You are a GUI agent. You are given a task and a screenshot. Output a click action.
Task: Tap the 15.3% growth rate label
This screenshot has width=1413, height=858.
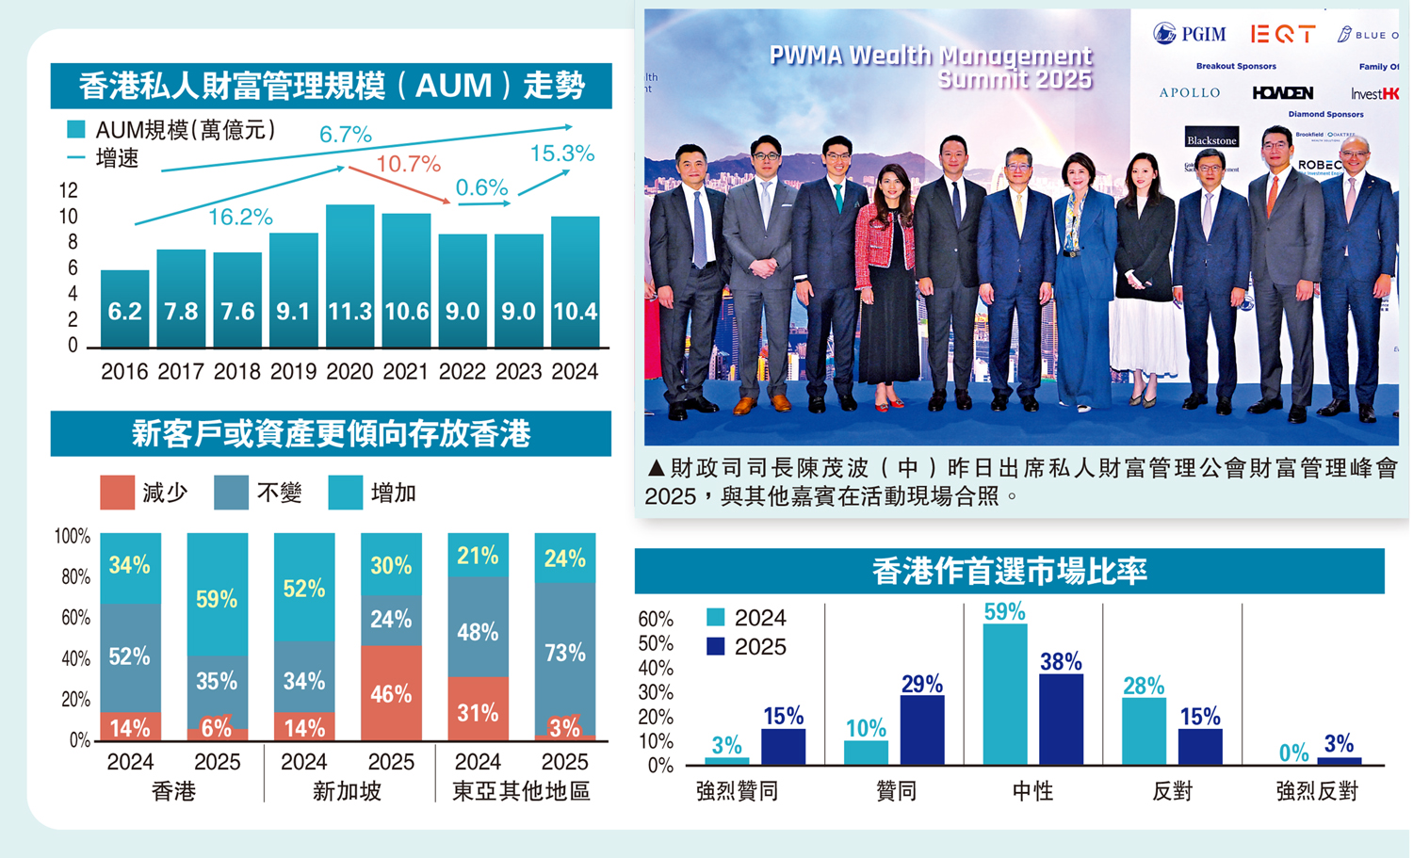[561, 154]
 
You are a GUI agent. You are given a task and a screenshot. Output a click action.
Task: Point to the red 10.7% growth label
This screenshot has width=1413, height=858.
[408, 165]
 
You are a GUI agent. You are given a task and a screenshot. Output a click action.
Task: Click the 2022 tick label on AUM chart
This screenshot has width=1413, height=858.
[462, 372]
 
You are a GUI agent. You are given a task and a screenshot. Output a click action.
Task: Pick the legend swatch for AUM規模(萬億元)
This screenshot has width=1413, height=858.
[76, 129]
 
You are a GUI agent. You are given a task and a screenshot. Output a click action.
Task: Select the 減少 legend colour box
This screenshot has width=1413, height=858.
[117, 493]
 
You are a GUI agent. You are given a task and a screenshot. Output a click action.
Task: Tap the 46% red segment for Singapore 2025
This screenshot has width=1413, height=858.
[391, 692]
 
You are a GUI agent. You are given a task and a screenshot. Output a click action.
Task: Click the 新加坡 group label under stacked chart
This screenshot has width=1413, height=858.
[347, 791]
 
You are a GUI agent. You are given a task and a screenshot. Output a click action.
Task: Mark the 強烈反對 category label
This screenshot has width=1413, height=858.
[1316, 791]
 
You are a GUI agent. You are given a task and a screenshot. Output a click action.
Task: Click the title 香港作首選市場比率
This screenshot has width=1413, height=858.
[1009, 571]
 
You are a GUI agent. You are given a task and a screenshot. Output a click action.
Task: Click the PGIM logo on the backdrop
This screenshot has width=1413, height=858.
[1190, 35]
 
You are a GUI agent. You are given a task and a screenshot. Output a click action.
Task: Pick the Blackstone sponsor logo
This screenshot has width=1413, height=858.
[1211, 139]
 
